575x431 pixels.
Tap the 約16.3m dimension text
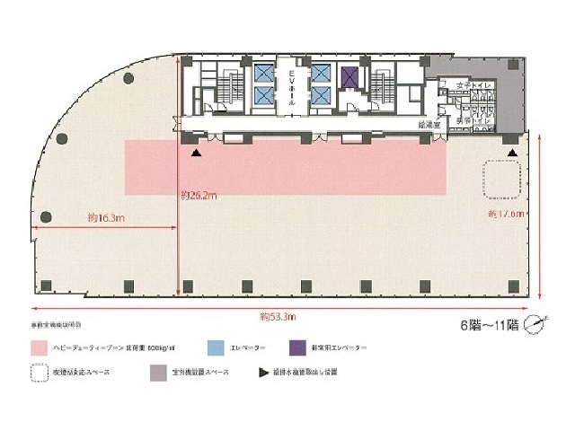(106, 217)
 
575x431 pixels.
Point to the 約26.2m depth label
(200, 193)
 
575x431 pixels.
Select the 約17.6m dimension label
(505, 214)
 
